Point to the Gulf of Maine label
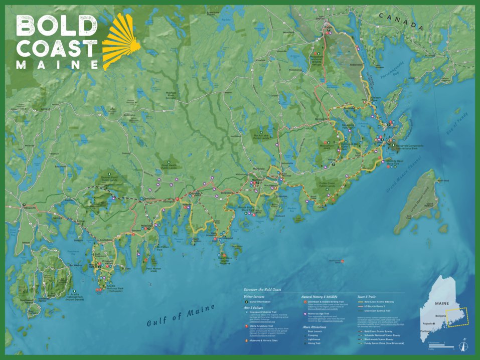181,315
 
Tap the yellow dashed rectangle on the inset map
457,317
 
